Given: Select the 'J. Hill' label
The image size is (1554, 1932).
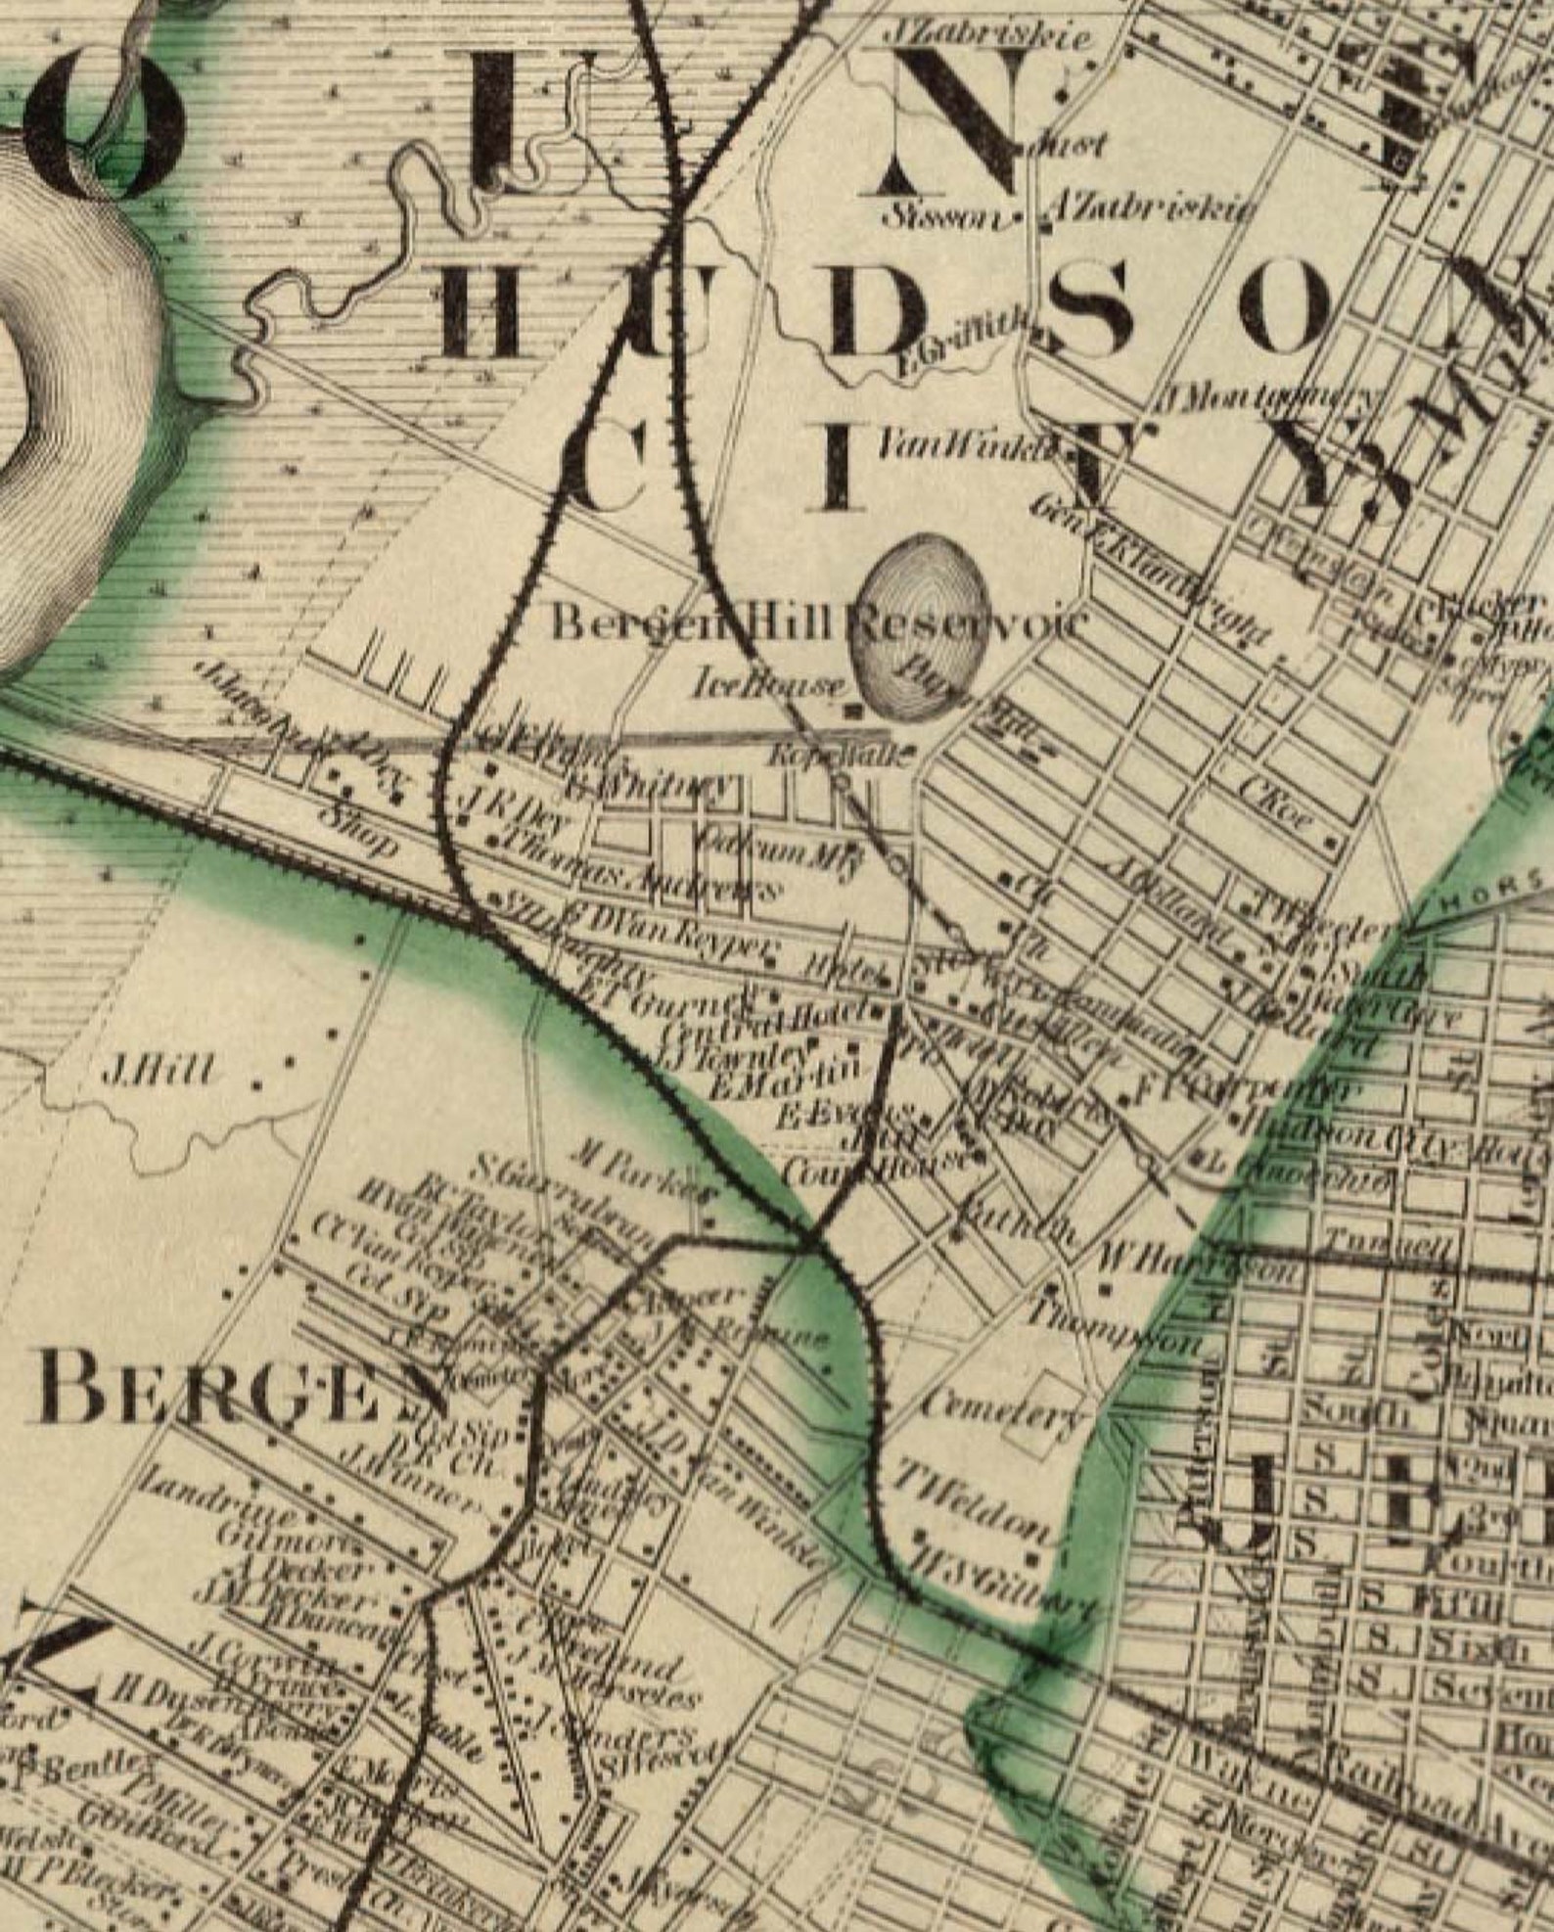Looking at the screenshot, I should click(x=158, y=1073).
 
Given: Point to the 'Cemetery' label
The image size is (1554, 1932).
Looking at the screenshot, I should click(x=1002, y=1410).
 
